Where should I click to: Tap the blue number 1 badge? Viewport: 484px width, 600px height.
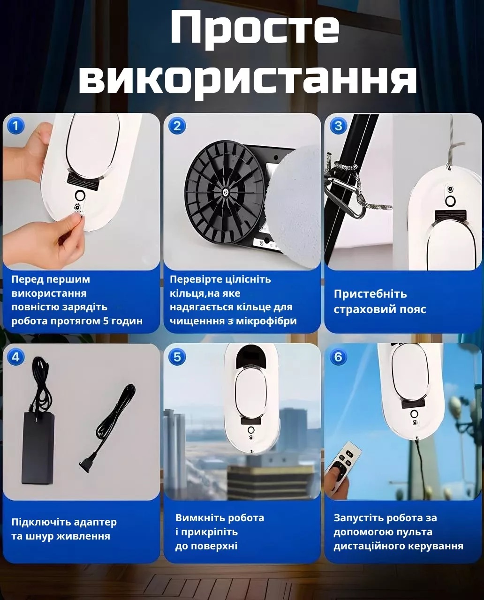pos(16,126)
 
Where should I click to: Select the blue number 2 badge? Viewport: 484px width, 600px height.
pos(177,126)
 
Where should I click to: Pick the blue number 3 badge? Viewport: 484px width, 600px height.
pos(338,126)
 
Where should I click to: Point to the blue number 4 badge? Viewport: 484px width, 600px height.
pos(16,357)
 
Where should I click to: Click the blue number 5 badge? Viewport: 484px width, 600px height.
pos(177,357)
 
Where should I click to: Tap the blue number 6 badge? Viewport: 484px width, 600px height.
pos(338,357)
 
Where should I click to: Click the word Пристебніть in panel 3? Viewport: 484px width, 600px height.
pos(371,294)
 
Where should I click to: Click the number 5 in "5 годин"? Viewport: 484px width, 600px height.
pos(106,321)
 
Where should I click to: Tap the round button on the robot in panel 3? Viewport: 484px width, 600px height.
pos(450,201)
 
